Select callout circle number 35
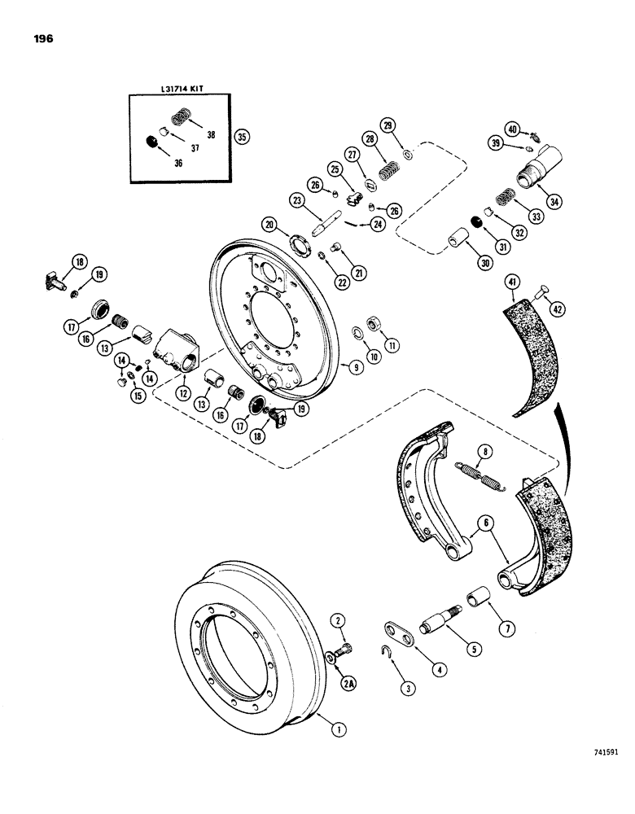(242, 137)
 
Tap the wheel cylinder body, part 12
(181, 349)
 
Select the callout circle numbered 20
(269, 225)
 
